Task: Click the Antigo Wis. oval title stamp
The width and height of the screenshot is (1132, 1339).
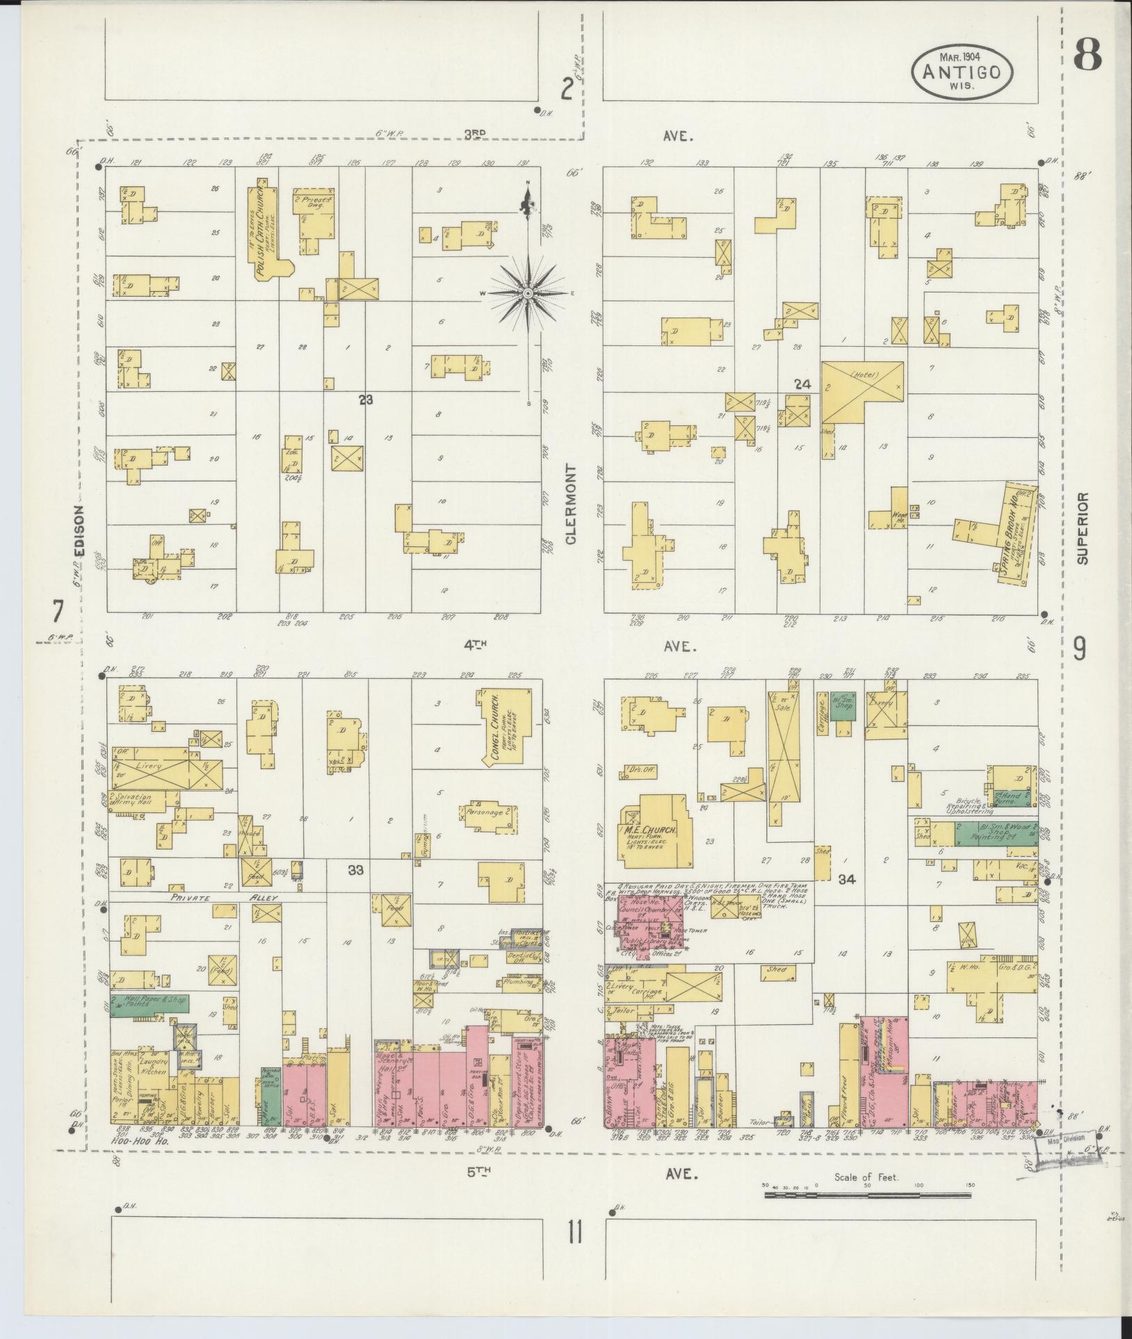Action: coord(962,72)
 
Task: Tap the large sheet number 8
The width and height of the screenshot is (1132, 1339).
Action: coord(1087,55)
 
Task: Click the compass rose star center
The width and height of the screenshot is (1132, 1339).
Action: coord(528,294)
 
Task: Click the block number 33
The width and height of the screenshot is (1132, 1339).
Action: coord(355,869)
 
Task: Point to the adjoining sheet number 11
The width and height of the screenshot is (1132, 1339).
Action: coord(574,1233)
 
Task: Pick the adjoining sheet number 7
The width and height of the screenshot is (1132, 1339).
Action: coord(56,612)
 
